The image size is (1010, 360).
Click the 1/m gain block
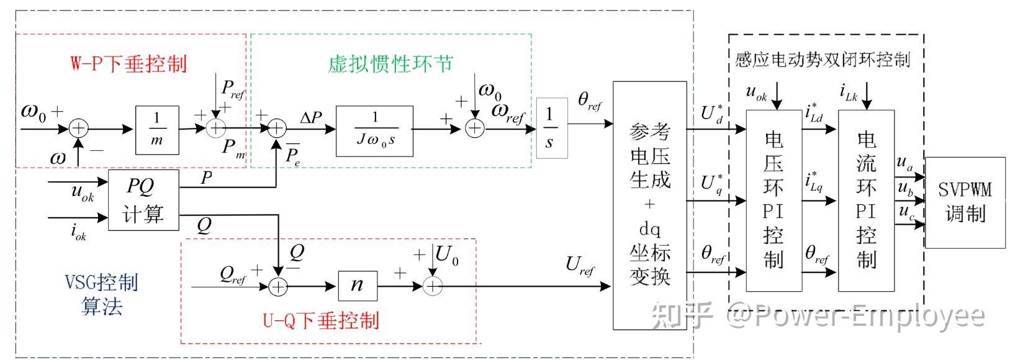click(156, 130)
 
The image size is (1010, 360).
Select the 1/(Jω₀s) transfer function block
click(374, 130)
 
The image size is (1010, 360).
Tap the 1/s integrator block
click(549, 128)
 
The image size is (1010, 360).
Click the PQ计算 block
click(143, 200)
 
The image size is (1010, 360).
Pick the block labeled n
click(357, 285)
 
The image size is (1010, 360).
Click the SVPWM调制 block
click(965, 202)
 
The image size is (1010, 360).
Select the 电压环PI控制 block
click(773, 200)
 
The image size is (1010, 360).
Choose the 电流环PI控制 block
click(866, 200)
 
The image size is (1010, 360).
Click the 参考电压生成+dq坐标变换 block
click(650, 205)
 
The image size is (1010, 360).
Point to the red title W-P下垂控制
click(129, 63)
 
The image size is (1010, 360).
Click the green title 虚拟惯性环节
click(390, 63)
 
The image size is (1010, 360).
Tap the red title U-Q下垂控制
click(320, 321)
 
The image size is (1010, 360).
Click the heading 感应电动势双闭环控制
click(822, 60)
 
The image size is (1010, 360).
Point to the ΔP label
click(310, 117)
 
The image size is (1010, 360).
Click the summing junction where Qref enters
click(279, 286)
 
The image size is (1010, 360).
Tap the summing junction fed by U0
click(433, 286)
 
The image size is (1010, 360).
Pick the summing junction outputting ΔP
click(276, 129)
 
